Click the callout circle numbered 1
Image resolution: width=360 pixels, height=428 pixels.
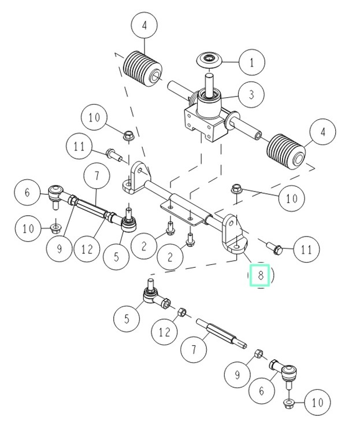251,62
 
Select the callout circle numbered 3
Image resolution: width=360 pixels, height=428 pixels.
251,94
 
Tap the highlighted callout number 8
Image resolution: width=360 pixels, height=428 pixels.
261,276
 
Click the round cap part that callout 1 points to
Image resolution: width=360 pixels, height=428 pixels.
209,59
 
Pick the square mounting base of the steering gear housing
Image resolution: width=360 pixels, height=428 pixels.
204,123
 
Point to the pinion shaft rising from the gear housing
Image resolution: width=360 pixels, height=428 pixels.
209,78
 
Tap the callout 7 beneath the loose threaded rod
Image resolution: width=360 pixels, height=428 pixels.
194,350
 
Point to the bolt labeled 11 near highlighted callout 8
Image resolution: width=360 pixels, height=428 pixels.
274,248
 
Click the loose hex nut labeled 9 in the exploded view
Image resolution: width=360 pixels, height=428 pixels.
259,353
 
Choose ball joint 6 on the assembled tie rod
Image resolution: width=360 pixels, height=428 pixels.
57,193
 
